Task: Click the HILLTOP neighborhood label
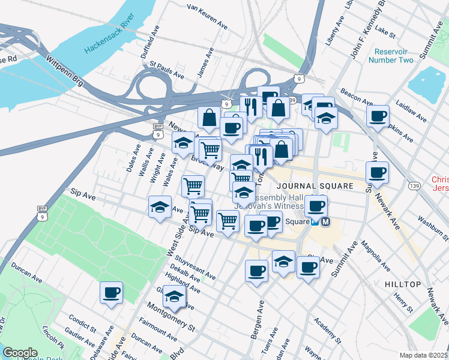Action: [405, 283]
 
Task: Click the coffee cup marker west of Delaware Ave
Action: [111, 293]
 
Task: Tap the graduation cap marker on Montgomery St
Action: [174, 296]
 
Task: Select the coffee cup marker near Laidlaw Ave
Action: [378, 116]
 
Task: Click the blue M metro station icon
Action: [326, 222]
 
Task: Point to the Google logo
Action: [20, 353]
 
